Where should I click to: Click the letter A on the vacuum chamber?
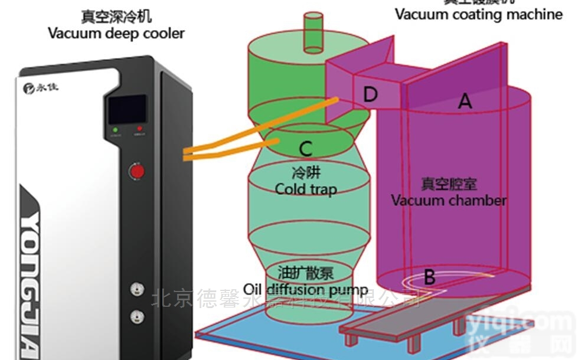tap(465, 102)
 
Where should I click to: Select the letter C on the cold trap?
tap(305, 149)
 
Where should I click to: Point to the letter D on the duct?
tap(370, 94)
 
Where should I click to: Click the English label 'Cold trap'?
tap(306, 189)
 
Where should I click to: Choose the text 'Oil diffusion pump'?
tap(306, 290)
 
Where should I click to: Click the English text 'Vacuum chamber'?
tap(449, 200)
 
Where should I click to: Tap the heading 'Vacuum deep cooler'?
tap(116, 32)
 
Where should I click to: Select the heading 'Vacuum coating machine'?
tap(479, 14)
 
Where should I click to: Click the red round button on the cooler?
tap(137, 172)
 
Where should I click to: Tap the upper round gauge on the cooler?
tap(137, 289)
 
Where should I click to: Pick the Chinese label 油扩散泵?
tap(306, 274)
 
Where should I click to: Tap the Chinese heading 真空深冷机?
tap(116, 15)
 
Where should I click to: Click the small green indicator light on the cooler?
tap(115, 129)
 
